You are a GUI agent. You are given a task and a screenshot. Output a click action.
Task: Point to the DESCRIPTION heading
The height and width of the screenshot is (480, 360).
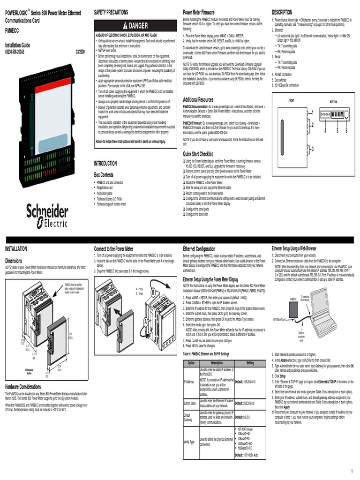click(282, 11)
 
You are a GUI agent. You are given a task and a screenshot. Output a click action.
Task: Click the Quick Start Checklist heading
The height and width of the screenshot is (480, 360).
click(198, 154)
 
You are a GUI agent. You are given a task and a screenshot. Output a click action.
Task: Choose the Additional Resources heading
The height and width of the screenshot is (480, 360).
click(198, 100)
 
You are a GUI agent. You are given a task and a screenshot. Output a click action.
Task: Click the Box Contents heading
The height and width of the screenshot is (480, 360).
click(104, 174)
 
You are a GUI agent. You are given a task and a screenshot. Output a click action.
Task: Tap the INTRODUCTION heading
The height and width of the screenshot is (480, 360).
click(105, 164)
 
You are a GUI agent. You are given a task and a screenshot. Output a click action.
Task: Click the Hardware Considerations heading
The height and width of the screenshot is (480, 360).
click(23, 387)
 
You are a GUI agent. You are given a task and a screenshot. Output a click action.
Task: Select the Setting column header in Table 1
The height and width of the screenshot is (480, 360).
click(250, 363)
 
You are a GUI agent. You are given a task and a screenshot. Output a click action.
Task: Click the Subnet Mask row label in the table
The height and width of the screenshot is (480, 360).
click(190, 403)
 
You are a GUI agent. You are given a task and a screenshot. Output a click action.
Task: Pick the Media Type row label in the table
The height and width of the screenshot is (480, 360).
click(189, 441)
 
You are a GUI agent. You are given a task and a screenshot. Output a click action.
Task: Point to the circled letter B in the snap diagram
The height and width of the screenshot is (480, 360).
click(153, 293)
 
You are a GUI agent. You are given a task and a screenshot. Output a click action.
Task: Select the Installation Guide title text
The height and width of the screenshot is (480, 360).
click(17, 45)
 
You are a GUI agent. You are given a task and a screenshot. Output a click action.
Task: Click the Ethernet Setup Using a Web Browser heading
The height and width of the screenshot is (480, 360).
click(294, 248)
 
